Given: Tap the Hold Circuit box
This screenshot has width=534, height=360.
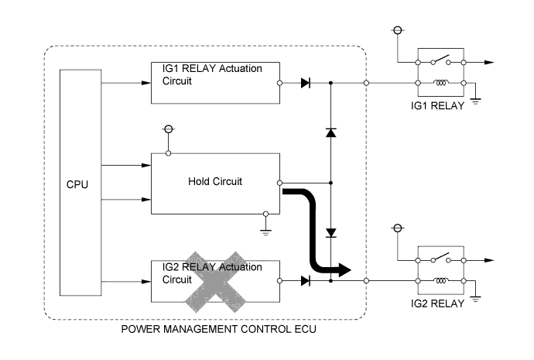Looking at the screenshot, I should tap(214, 183).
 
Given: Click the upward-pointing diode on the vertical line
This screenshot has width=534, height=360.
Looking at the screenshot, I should tap(330, 132).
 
